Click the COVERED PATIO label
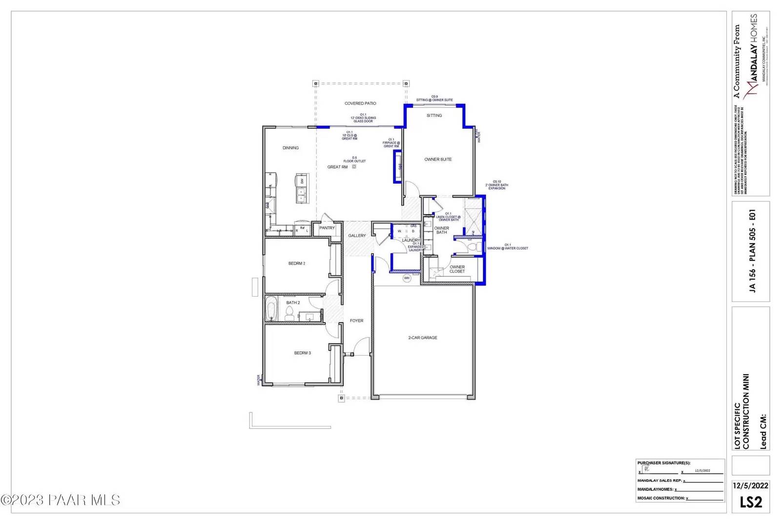coord(360,103)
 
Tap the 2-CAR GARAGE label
coord(423,338)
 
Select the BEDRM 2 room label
coord(297,263)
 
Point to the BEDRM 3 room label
coord(302,353)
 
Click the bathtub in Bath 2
coord(271,310)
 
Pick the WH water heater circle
coord(407,278)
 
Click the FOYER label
coord(356,321)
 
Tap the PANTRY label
coord(327,228)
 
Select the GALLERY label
coord(357,236)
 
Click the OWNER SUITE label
coord(438,160)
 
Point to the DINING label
coord(290,148)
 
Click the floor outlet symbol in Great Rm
coord(354,167)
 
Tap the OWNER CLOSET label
coord(457,269)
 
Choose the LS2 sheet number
coord(751,502)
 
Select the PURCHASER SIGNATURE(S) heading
coord(664,463)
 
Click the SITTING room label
coord(434,116)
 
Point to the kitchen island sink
coord(301,198)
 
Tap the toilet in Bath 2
coord(289,313)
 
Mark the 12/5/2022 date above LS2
coord(751,485)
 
